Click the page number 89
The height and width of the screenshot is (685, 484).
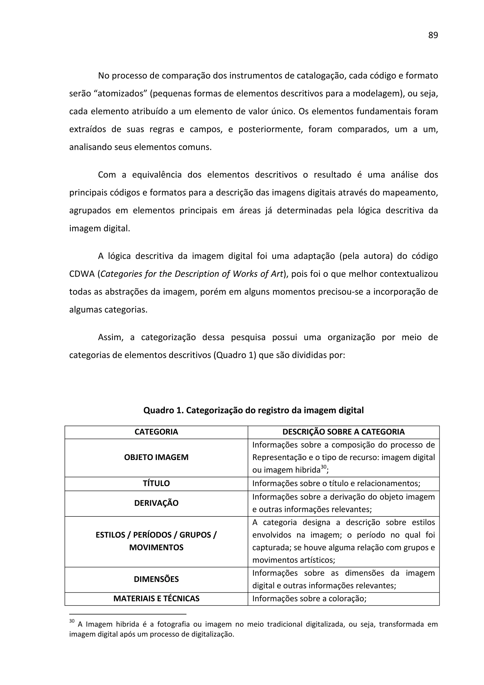[x=433, y=35]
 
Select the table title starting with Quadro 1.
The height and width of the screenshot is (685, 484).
[x=254, y=410]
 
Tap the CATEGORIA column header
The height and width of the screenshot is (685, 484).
[x=156, y=432]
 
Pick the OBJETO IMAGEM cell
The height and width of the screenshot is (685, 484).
[x=156, y=457]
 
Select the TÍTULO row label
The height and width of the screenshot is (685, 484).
[x=156, y=483]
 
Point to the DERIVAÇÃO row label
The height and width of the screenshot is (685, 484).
[x=156, y=503]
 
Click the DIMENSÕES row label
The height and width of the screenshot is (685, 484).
[x=156, y=579]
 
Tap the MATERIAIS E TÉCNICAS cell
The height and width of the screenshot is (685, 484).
[x=156, y=598]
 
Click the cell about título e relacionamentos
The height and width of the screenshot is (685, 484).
[x=336, y=483]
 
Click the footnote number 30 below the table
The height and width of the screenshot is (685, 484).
[x=72, y=621]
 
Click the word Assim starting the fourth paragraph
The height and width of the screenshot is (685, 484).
[x=110, y=338]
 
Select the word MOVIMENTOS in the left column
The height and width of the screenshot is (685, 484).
[x=156, y=547]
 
